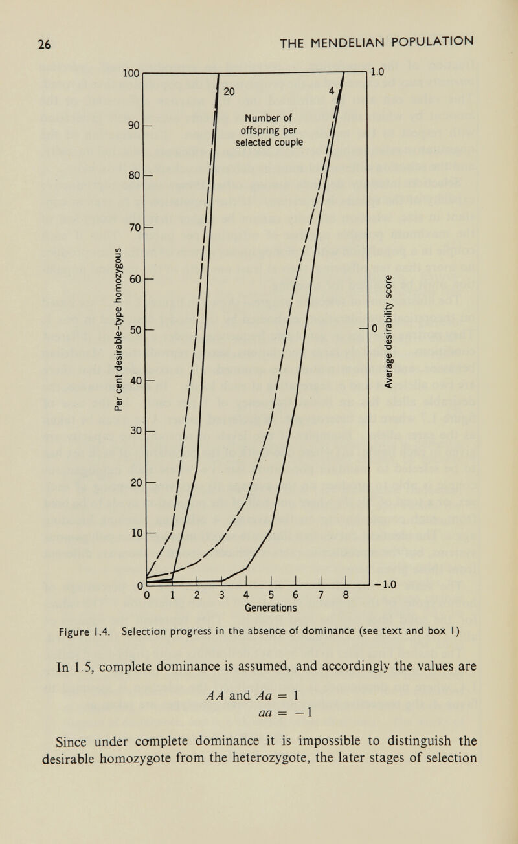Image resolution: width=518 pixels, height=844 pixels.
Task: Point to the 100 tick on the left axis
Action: pos(131,72)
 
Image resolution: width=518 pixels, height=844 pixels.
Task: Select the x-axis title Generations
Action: pos(270,608)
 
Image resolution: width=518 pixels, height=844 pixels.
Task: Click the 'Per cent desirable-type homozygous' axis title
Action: pos(118,327)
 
